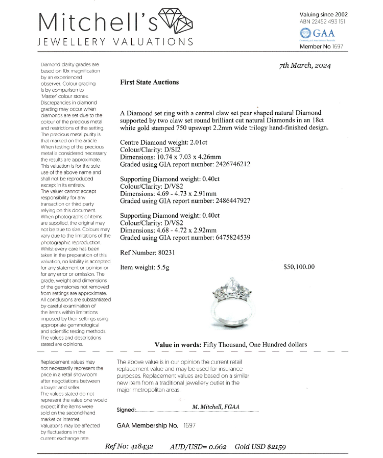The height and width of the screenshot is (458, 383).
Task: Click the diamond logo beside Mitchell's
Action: coord(176,21)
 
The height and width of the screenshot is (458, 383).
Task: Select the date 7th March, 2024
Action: coord(305,66)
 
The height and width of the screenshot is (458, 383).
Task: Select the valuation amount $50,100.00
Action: coord(299,267)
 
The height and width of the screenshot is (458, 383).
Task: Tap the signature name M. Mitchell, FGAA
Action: coord(216,407)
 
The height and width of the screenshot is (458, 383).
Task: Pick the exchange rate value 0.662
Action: coord(218,446)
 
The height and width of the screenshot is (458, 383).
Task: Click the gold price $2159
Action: coord(275,446)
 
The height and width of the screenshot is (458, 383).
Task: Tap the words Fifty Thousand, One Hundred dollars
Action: coord(255,344)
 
